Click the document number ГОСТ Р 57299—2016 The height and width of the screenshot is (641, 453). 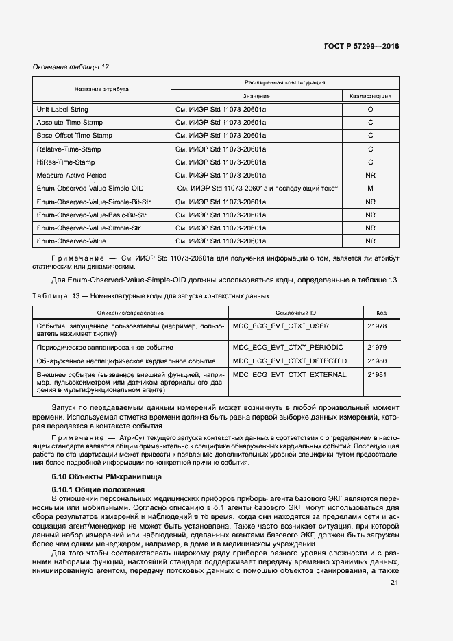click(361, 47)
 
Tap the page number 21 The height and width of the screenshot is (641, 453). click(394, 583)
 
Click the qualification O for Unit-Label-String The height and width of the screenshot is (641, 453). click(370, 110)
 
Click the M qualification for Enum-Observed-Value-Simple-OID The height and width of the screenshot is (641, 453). click(370, 189)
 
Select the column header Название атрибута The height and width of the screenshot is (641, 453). click(101, 89)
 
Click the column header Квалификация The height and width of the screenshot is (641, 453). click(370, 97)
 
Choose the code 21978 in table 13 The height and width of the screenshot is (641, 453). click(377, 326)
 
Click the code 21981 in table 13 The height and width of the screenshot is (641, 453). click(377, 375)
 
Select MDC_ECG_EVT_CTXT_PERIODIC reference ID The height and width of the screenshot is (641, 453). click(288, 348)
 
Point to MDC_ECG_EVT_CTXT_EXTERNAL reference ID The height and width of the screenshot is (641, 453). click(289, 375)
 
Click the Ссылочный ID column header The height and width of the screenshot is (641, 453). click(296, 312)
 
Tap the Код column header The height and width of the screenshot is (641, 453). click(381, 312)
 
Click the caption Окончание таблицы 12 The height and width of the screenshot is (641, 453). click(71, 66)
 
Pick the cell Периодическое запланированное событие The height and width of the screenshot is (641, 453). click(105, 348)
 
